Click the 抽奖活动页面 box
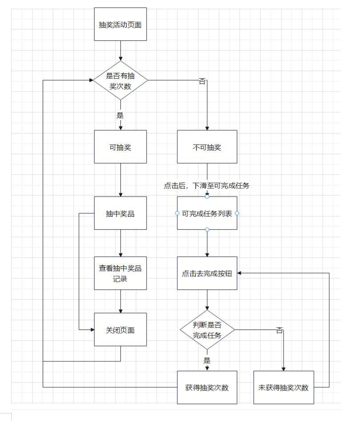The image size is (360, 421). click(x=120, y=24)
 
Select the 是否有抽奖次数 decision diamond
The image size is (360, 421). click(x=120, y=80)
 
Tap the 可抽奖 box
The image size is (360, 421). click(x=120, y=147)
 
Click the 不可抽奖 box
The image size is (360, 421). click(x=207, y=147)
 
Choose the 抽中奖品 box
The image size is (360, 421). click(x=120, y=213)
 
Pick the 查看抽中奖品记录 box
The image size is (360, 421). click(x=120, y=273)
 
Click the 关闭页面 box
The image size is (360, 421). click(x=120, y=330)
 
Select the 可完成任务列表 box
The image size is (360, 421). click(x=207, y=213)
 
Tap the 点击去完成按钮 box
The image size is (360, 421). click(x=207, y=273)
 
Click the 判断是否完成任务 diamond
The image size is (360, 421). click(x=207, y=330)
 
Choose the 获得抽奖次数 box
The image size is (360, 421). click(x=207, y=387)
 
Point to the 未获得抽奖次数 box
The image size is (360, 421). click(x=284, y=387)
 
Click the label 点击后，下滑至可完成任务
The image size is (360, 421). click(x=207, y=186)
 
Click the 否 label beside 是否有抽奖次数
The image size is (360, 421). click(x=202, y=81)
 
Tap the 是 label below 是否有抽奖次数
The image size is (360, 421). click(x=120, y=115)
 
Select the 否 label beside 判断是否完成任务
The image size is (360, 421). click(x=280, y=330)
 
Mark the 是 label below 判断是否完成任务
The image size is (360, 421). click(x=207, y=360)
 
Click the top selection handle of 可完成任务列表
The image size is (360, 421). click(x=207, y=196)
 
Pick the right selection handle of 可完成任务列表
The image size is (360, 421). click(x=237, y=213)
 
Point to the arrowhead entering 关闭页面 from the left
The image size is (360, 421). click(x=92, y=329)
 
